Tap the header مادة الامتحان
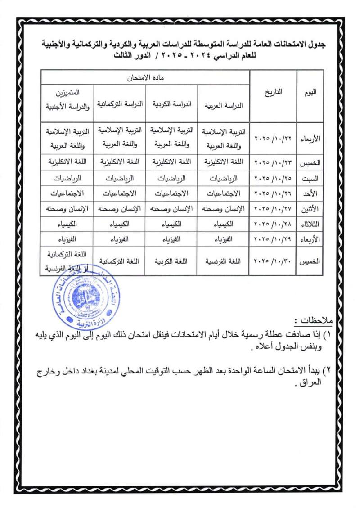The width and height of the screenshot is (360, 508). pyautogui.click(x=145, y=77)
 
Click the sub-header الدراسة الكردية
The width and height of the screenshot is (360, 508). pyautogui.click(x=171, y=104)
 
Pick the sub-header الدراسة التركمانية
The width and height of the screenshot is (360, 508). pyautogui.click(x=119, y=104)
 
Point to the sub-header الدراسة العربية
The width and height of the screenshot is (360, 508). pyautogui.click(x=224, y=104)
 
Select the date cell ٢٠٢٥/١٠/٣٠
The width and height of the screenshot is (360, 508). pyautogui.click(x=274, y=261)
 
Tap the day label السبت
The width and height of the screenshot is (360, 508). pyautogui.click(x=310, y=178)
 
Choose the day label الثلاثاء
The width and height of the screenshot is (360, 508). pyautogui.click(x=310, y=225)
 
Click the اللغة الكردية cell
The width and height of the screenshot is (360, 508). pyautogui.click(x=171, y=261)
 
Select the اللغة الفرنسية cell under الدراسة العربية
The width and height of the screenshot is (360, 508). pyautogui.click(x=224, y=261)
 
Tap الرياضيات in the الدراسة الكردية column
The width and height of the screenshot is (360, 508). pyautogui.click(x=171, y=178)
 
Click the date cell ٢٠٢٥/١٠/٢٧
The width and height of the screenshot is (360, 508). pyautogui.click(x=274, y=209)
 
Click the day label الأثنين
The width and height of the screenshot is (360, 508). pyautogui.click(x=310, y=209)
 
